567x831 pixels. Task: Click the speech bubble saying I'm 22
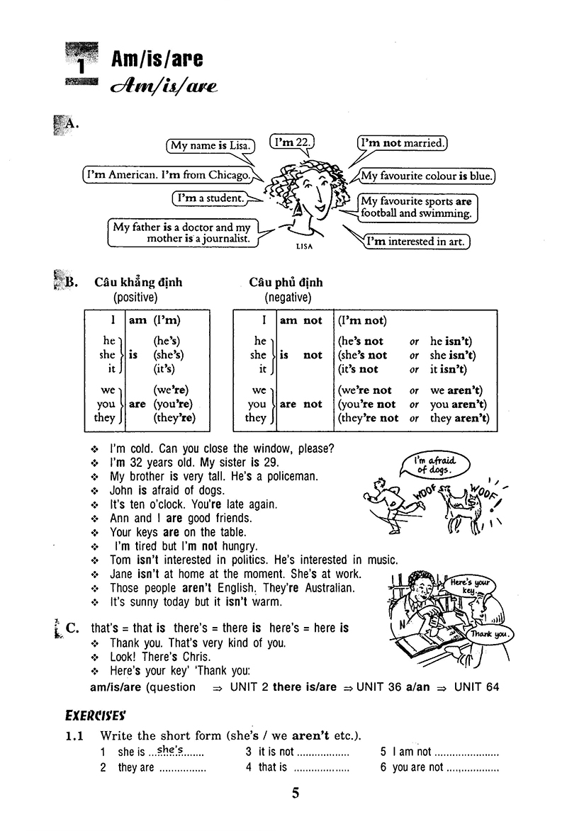click(x=293, y=142)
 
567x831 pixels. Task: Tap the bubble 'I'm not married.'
click(x=402, y=143)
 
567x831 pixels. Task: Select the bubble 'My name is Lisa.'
click(x=210, y=146)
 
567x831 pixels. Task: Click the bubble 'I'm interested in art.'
click(x=417, y=242)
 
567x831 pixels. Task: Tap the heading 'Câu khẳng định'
click(x=138, y=282)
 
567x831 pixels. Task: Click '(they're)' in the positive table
click(x=174, y=418)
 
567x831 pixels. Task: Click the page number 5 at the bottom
click(x=296, y=793)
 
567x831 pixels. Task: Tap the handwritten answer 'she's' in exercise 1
click(x=169, y=750)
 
